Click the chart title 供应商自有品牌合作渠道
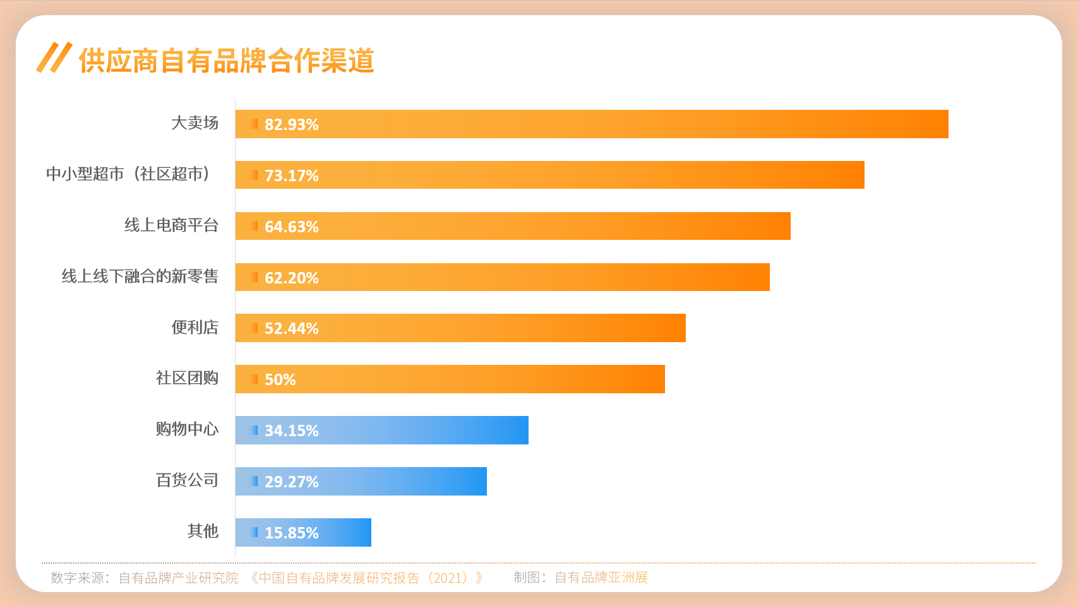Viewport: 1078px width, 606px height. click(226, 61)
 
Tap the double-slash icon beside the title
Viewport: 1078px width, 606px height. click(54, 58)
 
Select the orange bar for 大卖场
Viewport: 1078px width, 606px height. click(592, 124)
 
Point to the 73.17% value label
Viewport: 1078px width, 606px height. click(291, 175)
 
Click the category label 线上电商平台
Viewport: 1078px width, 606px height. click(171, 225)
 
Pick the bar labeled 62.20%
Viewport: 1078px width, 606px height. click(502, 277)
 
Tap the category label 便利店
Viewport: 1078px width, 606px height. click(195, 328)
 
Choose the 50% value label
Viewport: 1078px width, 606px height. click(280, 379)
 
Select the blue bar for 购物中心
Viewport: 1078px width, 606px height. click(381, 431)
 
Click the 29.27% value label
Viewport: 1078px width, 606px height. click(291, 482)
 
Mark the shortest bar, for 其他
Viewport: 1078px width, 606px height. click(303, 533)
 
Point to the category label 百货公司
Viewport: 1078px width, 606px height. click(187, 480)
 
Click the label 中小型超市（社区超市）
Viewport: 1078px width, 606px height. click(128, 174)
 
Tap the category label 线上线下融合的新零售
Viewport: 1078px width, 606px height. click(140, 276)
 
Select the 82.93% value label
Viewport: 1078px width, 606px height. click(291, 124)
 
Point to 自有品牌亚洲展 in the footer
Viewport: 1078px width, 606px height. click(601, 578)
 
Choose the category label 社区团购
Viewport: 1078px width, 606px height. click(187, 378)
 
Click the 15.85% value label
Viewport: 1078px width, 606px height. click(291, 533)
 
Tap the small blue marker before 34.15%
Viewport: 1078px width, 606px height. click(255, 430)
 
